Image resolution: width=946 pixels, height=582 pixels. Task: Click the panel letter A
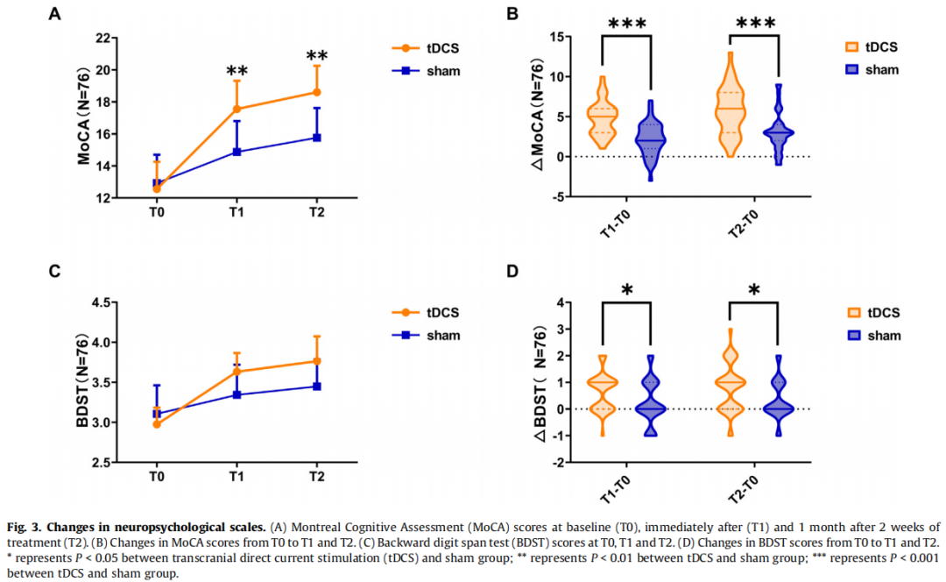point(55,14)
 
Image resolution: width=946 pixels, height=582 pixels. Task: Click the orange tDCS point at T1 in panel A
point(236,109)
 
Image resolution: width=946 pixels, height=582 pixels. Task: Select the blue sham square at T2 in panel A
point(316,138)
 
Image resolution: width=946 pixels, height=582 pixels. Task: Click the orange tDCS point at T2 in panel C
point(316,361)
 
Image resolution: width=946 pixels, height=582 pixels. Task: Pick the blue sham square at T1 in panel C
point(236,394)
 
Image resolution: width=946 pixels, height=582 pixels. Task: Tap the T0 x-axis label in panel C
point(157,476)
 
